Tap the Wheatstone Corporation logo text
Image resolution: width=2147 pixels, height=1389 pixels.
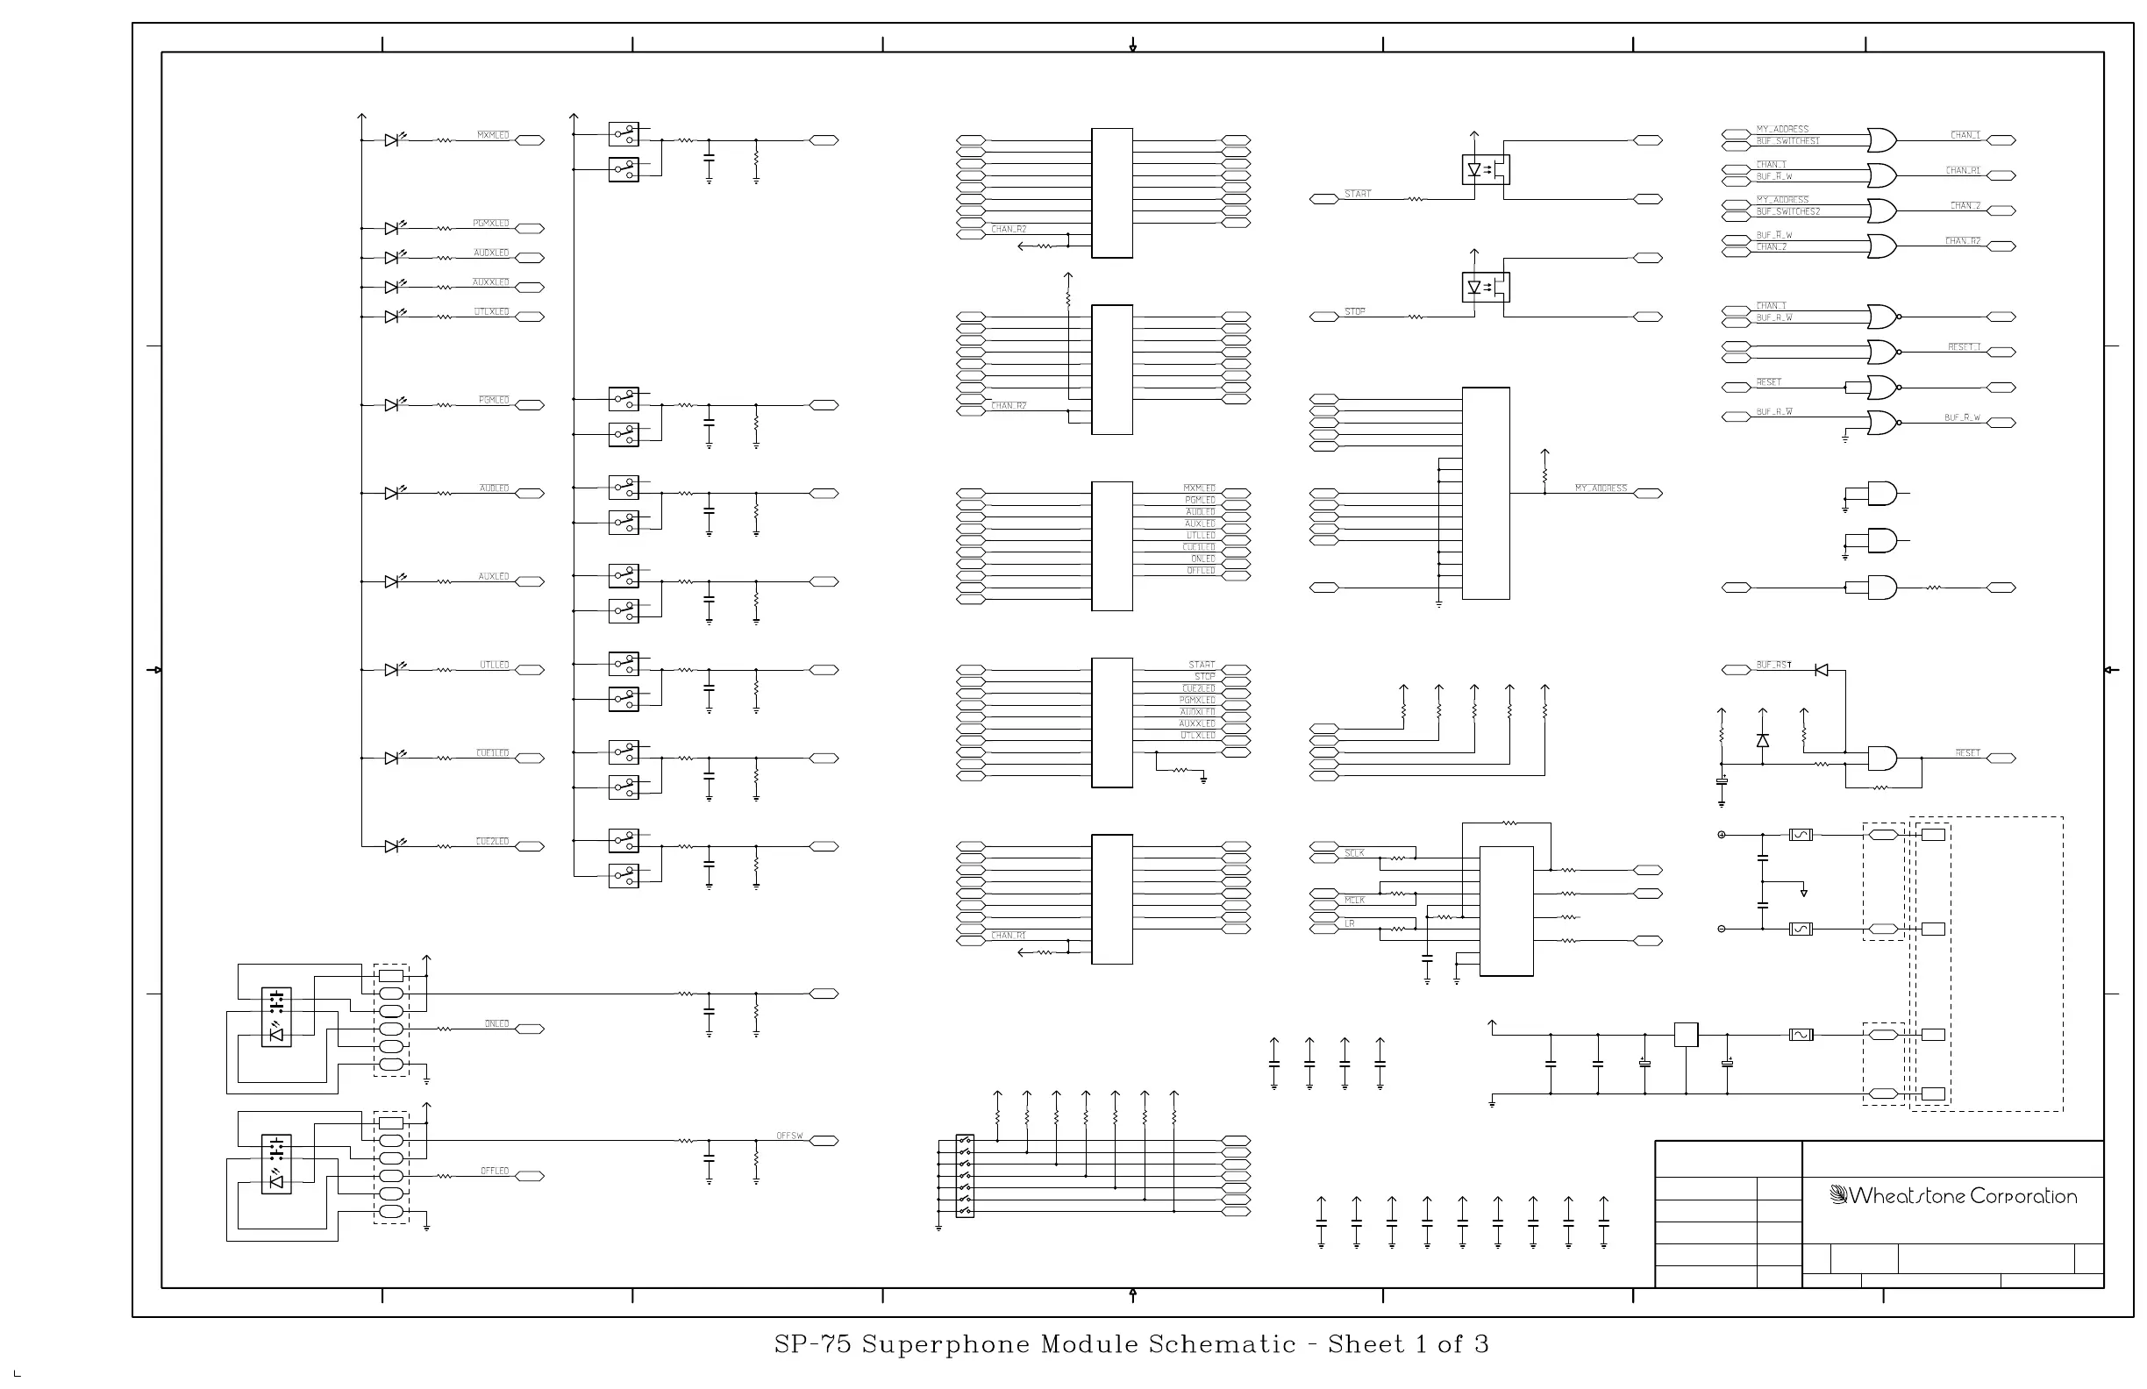click(1954, 1196)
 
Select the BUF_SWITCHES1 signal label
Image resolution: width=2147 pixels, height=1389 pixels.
click(1787, 141)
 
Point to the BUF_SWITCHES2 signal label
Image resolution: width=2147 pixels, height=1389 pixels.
click(1787, 212)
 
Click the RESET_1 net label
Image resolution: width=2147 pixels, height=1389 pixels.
click(1964, 347)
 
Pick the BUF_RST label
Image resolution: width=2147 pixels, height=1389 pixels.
click(1773, 666)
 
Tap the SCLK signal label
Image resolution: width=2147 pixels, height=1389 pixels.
click(1354, 853)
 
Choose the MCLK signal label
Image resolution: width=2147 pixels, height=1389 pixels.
click(1354, 901)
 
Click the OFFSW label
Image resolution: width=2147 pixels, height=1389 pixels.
click(789, 1136)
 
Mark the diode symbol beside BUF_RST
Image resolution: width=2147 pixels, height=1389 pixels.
click(1822, 670)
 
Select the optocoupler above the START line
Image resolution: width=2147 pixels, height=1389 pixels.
click(1485, 169)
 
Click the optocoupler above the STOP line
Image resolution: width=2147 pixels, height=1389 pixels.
click(1485, 288)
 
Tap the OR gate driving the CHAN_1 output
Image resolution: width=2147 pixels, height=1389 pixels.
click(1882, 140)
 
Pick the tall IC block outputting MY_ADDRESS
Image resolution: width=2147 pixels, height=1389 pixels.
click(1485, 494)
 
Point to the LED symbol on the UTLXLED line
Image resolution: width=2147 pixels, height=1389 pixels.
click(392, 317)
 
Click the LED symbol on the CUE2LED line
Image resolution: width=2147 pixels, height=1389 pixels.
click(392, 846)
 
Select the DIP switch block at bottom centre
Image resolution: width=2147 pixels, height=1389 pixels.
click(965, 1176)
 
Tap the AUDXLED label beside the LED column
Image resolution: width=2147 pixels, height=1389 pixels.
click(491, 253)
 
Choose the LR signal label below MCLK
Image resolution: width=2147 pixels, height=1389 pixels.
click(1350, 923)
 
